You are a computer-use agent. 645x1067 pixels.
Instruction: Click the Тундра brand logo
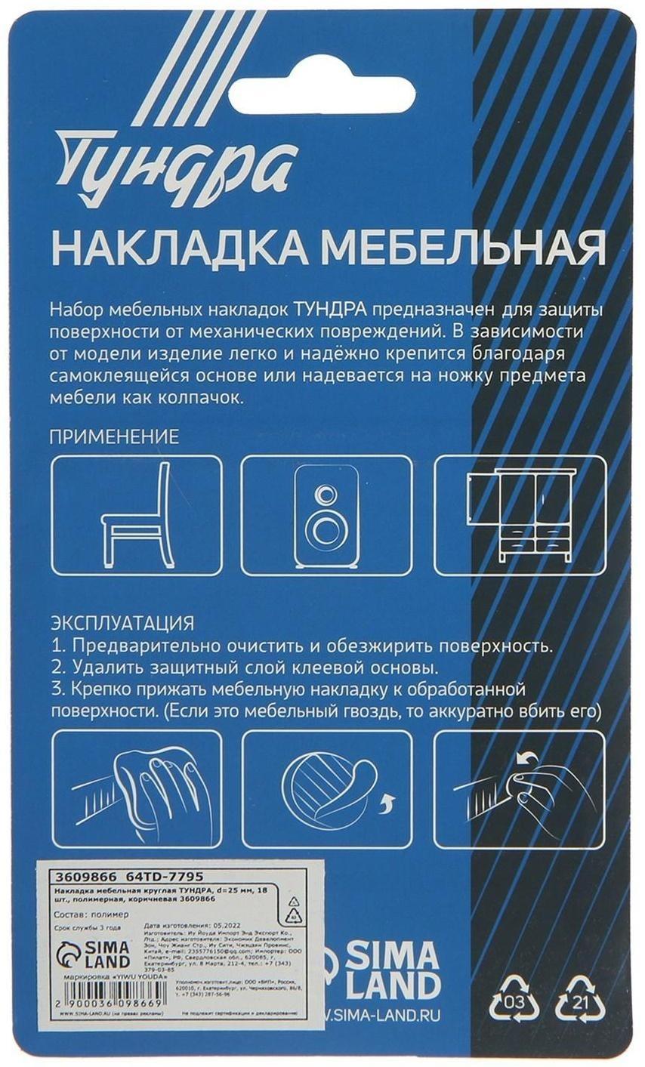(x=176, y=162)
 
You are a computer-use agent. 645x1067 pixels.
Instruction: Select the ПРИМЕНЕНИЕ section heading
(x=114, y=436)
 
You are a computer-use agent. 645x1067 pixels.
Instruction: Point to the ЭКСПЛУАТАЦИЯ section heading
(x=122, y=624)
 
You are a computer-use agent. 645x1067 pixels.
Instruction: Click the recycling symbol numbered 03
(x=515, y=1001)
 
